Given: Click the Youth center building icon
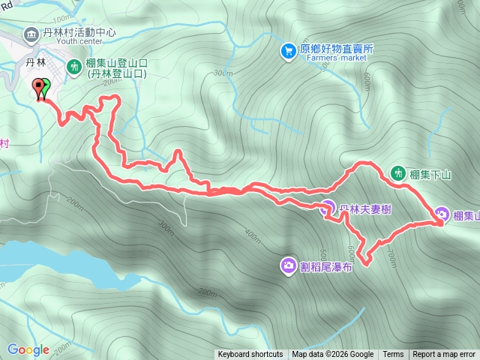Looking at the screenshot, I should (31, 34).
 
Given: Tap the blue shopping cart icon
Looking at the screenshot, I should (288, 50).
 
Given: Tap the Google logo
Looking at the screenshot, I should (28, 349).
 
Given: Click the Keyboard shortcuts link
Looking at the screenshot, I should (250, 355).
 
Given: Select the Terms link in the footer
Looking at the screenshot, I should (393, 355).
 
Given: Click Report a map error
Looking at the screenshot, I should (444, 355).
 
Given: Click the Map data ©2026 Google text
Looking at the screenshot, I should (332, 355).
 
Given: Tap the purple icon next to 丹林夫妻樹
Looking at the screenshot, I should (328, 208).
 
